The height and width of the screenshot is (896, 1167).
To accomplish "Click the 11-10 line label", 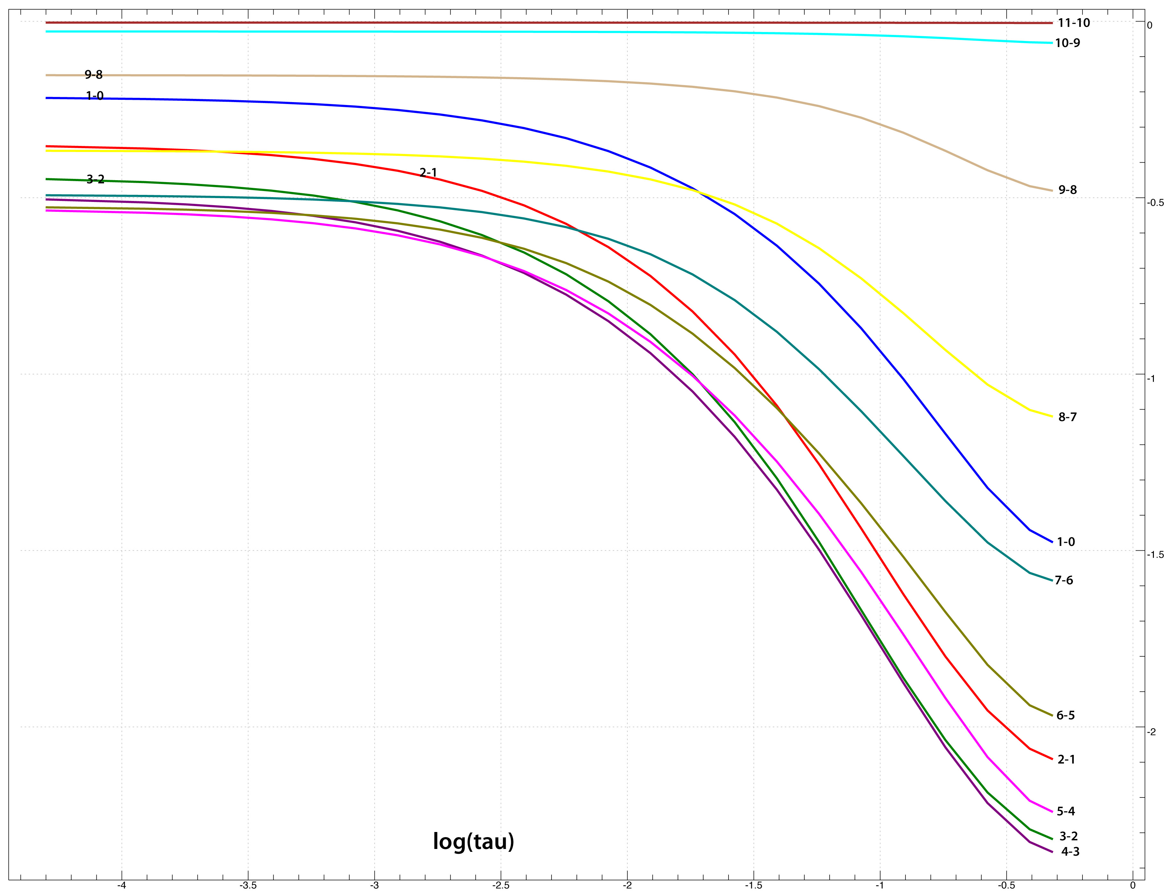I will [1074, 23].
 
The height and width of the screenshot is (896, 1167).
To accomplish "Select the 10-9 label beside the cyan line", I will [1067, 43].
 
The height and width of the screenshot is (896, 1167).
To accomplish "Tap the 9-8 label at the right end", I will [1067, 190].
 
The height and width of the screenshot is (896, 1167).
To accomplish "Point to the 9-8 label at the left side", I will [93, 75].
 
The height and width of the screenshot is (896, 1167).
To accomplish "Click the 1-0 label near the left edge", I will [94, 96].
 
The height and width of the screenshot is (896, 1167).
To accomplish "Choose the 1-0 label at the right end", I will [1066, 542].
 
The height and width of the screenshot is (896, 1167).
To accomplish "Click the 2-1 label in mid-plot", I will [428, 172].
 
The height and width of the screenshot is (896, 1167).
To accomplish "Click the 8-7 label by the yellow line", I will [1067, 417].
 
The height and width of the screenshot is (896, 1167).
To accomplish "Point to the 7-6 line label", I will [1064, 580].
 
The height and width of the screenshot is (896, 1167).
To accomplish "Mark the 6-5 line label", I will [1066, 715].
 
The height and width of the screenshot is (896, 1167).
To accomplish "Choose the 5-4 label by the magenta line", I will [1066, 811].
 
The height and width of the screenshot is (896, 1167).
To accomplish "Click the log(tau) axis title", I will [473, 841].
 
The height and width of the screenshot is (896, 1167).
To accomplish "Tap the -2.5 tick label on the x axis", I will [500, 886].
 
